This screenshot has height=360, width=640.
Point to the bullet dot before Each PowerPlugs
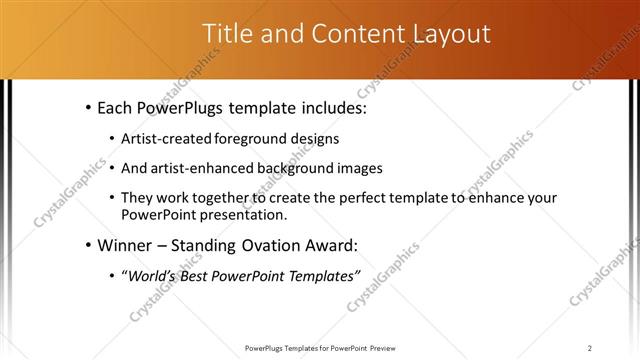[x=89, y=105]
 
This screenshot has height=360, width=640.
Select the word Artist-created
[x=168, y=139]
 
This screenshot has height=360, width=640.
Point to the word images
[x=362, y=168]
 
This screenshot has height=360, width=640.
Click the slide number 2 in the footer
[x=590, y=347]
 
